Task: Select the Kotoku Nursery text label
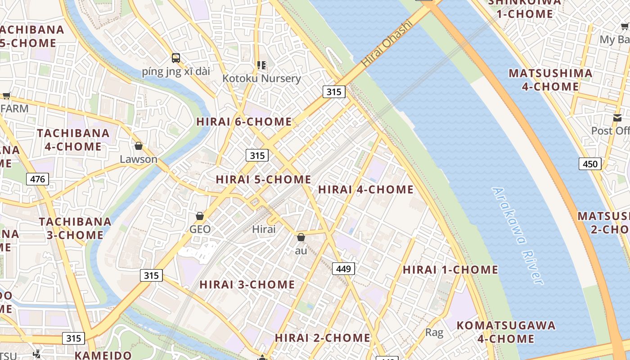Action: point(261,78)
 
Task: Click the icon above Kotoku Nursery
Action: point(261,65)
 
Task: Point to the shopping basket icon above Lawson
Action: point(139,146)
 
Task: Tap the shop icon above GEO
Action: point(200,216)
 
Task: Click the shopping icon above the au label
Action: point(301,237)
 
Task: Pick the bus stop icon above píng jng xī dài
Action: point(176,58)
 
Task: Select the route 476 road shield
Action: point(37,179)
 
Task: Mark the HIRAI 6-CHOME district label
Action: point(244,121)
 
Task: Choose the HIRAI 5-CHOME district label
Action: point(263,179)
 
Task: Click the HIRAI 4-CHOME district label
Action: point(365,189)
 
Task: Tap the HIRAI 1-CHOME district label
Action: point(450,270)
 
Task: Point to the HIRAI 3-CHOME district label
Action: point(247,284)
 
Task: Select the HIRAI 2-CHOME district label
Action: point(323,337)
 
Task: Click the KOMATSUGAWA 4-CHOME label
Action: point(506,332)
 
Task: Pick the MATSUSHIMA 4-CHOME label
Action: point(550,80)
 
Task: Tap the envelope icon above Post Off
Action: point(617,118)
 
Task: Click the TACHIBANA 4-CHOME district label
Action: point(73,140)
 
